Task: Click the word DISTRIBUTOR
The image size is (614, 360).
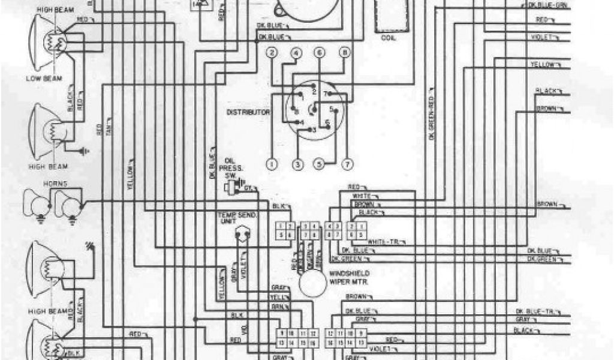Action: pos(248,112)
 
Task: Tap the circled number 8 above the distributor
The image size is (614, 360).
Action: pos(344,53)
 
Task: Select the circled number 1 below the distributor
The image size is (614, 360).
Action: pos(272,163)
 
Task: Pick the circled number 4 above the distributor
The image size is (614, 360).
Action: pos(296,53)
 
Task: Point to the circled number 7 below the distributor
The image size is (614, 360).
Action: pos(345,163)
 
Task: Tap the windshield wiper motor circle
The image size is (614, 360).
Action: pos(312,284)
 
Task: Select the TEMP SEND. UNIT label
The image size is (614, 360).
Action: pos(238,217)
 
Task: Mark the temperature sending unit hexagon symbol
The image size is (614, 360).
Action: pos(243,233)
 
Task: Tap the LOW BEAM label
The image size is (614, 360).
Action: pos(40,78)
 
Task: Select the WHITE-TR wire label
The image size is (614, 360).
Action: pos(383,241)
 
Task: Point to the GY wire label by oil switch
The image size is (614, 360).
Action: pos(246,188)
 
